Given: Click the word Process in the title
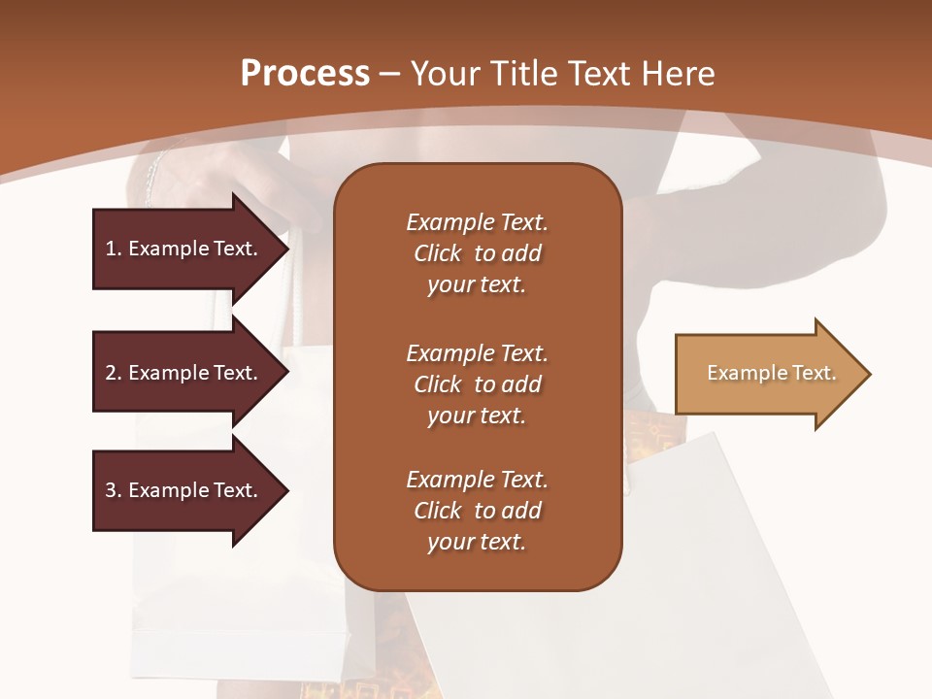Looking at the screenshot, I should [x=305, y=74].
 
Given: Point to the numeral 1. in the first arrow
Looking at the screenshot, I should [x=113, y=249].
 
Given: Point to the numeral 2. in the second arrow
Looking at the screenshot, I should [x=113, y=373].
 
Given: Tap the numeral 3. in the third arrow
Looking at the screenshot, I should [x=113, y=490].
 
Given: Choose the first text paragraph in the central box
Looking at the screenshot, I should [x=477, y=253].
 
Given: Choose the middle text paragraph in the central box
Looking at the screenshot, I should [x=477, y=384].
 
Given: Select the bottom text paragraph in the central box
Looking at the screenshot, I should [x=477, y=511].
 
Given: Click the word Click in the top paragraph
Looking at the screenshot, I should [x=437, y=253].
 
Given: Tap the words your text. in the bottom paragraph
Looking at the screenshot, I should [x=477, y=542].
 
